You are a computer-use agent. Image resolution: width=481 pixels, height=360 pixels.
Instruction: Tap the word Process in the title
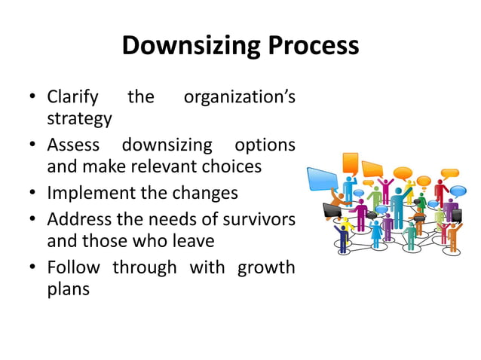311,47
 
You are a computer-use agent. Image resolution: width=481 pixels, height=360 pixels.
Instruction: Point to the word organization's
240,98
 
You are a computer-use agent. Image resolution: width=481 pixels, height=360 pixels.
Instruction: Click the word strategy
79,119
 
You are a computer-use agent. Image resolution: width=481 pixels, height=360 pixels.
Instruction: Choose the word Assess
73,145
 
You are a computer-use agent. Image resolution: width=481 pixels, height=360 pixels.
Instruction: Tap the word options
265,145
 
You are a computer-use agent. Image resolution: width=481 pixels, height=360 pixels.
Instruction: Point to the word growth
266,267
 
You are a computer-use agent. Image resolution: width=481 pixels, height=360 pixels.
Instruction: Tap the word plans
68,289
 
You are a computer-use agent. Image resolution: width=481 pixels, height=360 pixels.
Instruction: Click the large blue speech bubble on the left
322,179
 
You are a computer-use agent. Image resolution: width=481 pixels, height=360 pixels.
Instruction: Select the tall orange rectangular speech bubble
350,163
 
